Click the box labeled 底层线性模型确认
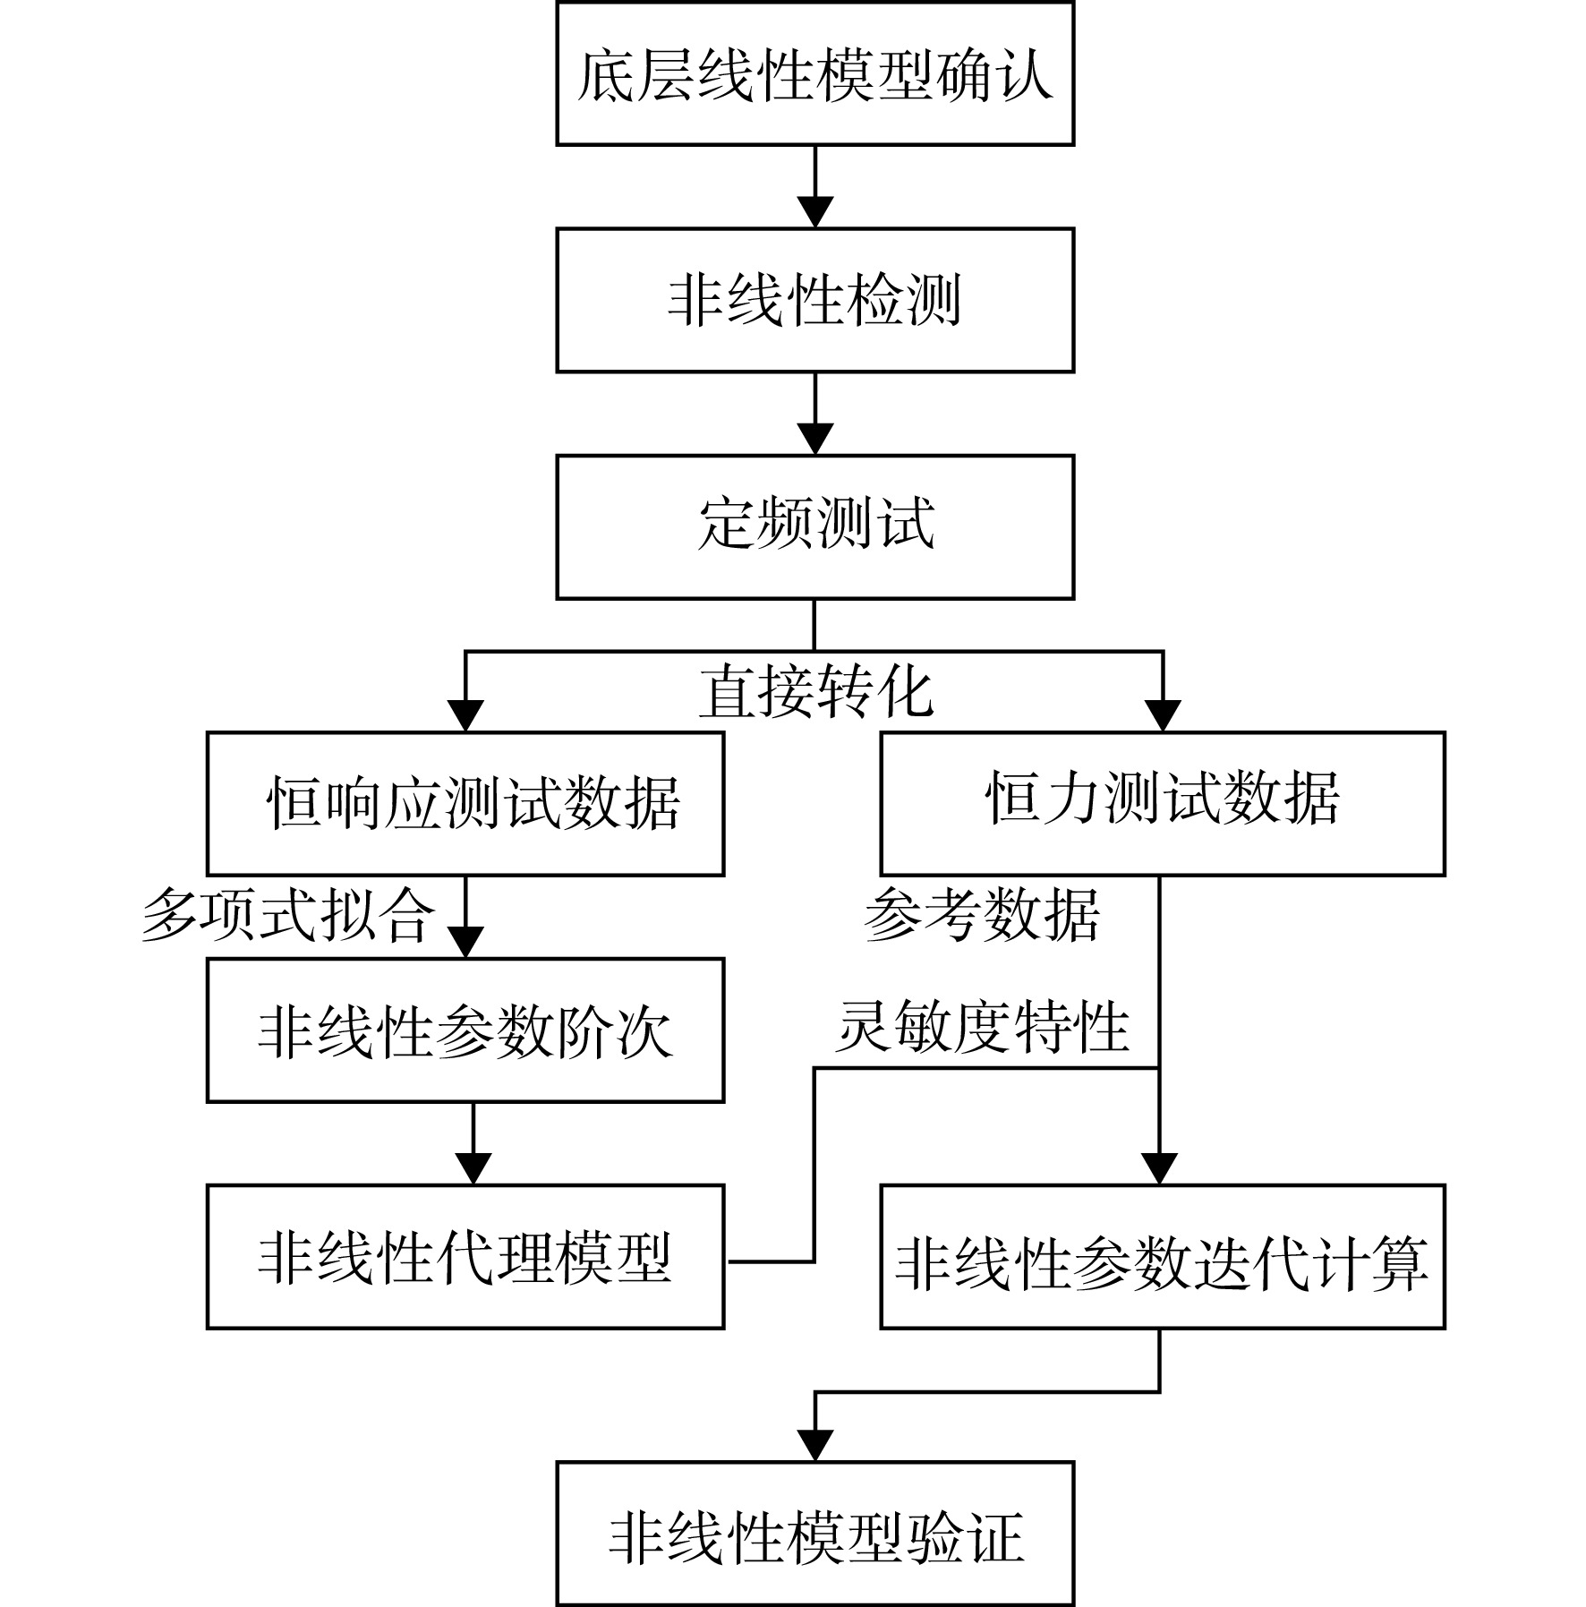pyautogui.click(x=814, y=73)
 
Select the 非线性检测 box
pyautogui.click(x=814, y=300)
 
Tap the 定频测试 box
pyautogui.click(x=814, y=527)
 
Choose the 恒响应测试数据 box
pyautogui.click(x=465, y=803)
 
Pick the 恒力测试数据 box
pyautogui.click(x=1163, y=803)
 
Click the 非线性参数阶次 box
pyautogui.click(x=465, y=1030)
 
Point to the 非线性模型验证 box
pyautogui.click(x=814, y=1534)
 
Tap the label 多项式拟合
pyautogui.click(x=288, y=915)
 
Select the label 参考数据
pyautogui.click(x=982, y=915)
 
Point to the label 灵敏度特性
pyautogui.click(x=982, y=1027)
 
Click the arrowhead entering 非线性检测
pyautogui.click(x=814, y=212)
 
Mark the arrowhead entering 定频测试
pyautogui.click(x=814, y=439)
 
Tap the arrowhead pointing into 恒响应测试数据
pyautogui.click(x=465, y=715)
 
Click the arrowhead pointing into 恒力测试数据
pyautogui.click(x=1163, y=715)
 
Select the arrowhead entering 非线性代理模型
pyautogui.click(x=473, y=1168)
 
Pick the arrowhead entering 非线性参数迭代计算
pyautogui.click(x=1159, y=1168)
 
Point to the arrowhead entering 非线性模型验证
pyautogui.click(x=814, y=1445)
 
